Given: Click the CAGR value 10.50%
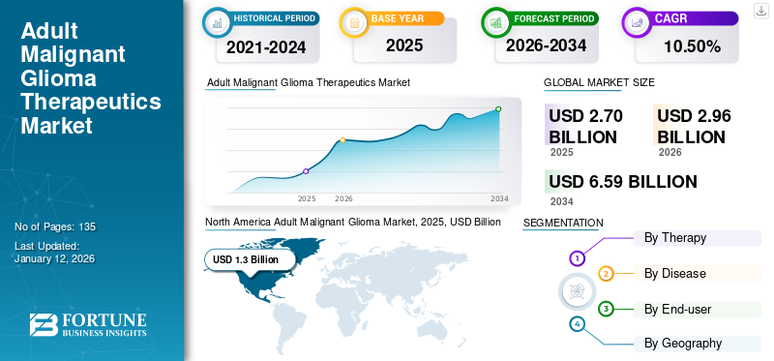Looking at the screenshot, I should (693, 45).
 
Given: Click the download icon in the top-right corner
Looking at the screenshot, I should (760, 10).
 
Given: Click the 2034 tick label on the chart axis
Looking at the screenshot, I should (499, 198).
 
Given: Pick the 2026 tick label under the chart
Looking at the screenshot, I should (343, 198).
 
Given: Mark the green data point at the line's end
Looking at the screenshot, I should (499, 109).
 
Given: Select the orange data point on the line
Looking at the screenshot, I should (342, 140).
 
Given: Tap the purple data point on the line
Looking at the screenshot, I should (306, 171).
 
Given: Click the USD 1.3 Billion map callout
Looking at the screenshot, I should (246, 259).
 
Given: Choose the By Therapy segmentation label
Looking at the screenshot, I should (675, 238).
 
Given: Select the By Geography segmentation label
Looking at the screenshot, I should (683, 343).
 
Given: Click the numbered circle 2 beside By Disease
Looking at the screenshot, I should (606, 274).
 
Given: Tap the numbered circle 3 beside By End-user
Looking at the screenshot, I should (606, 309).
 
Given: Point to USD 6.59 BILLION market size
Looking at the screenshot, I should (623, 182).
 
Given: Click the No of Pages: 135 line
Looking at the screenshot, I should (55, 226).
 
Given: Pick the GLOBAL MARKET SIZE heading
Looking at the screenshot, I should (599, 83).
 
